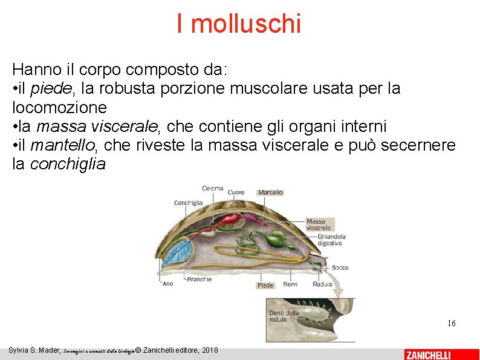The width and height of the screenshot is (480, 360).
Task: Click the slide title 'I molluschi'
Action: coord(239,24)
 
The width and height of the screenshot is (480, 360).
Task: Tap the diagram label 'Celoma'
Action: coord(212,188)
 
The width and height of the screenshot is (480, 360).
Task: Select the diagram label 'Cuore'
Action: coord(236,192)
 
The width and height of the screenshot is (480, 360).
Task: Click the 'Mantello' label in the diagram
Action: coord(270,192)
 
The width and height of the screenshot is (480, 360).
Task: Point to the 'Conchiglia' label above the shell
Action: coord(188,203)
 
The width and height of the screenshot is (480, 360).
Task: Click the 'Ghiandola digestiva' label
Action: coord(331,240)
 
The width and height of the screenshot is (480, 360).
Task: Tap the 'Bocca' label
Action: coord(339,267)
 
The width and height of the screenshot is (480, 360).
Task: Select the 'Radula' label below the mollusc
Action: coord(322,284)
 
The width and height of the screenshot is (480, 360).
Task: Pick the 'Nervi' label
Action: coord(290,284)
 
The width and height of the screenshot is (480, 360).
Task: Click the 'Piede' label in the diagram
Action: coord(265,286)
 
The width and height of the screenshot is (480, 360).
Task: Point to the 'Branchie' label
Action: coord(199,279)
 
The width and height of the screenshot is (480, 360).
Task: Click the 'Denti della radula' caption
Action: coord(284,316)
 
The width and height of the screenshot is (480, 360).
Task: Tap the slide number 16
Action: coord(451,324)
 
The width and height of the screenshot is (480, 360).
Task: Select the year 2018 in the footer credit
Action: coord(209,350)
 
